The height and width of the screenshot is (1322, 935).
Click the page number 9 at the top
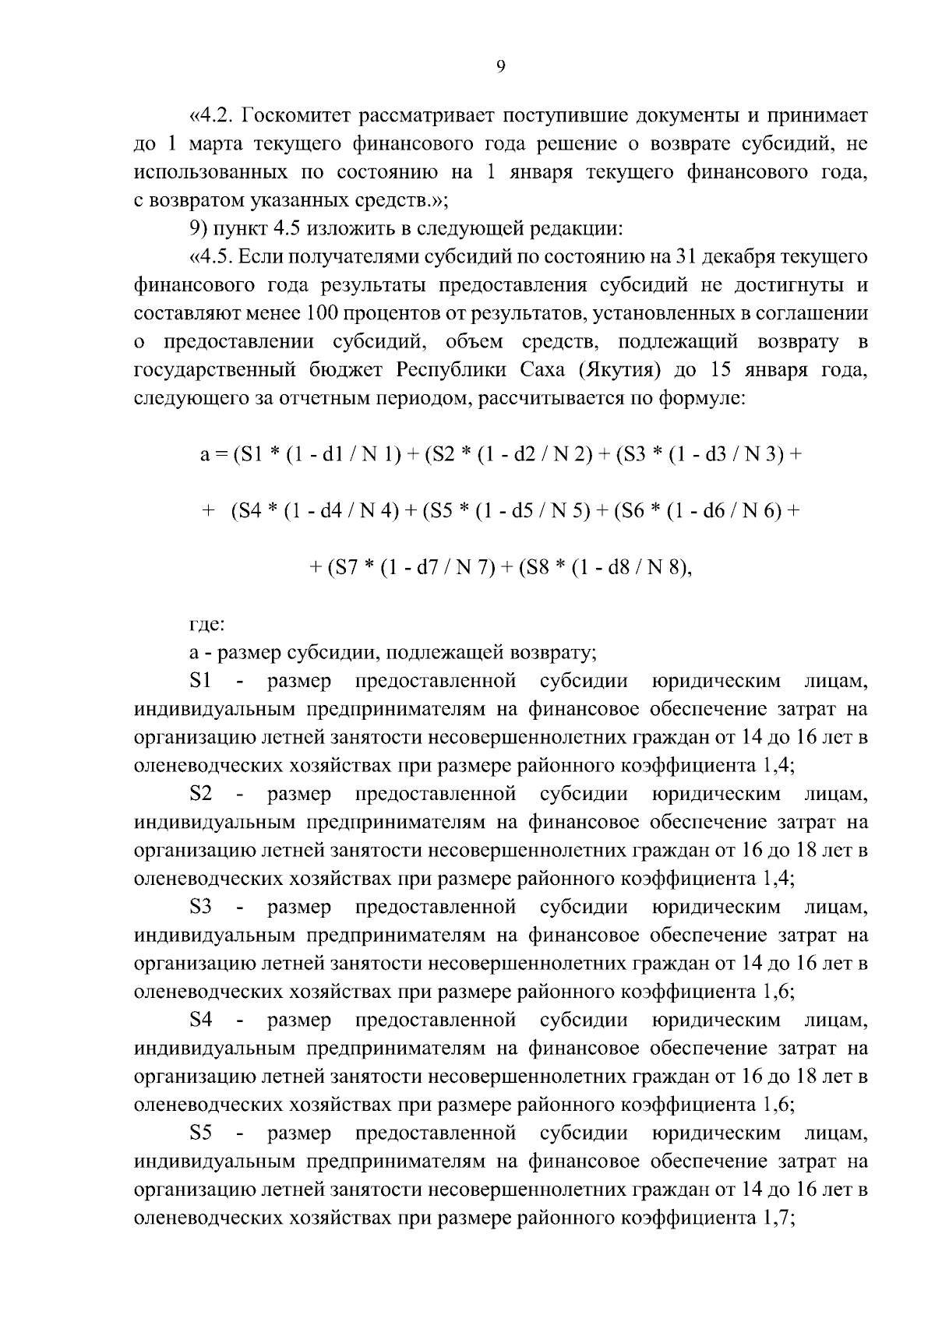click(x=501, y=68)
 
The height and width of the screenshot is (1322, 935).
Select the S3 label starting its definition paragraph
click(x=201, y=907)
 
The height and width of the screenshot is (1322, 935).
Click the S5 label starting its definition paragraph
click(x=201, y=1133)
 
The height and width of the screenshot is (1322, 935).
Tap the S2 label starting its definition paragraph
click(x=201, y=794)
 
